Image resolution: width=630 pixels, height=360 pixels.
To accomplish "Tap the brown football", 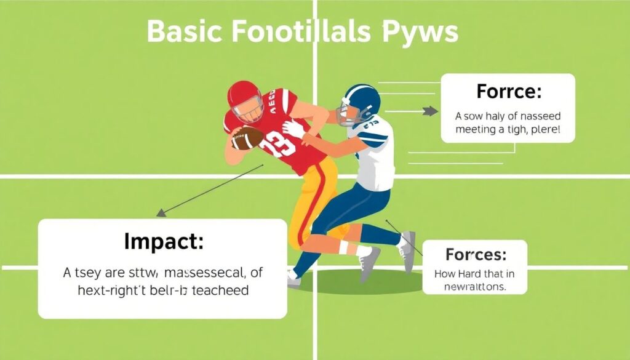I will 247,138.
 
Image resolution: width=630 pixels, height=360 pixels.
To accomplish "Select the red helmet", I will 245,97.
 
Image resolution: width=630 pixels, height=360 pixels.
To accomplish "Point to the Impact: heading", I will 163,241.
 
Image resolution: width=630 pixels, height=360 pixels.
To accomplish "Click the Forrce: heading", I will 508,92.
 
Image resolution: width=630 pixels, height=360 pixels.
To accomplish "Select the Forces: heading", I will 476,254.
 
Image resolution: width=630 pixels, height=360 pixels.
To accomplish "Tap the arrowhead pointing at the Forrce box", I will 433,112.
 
